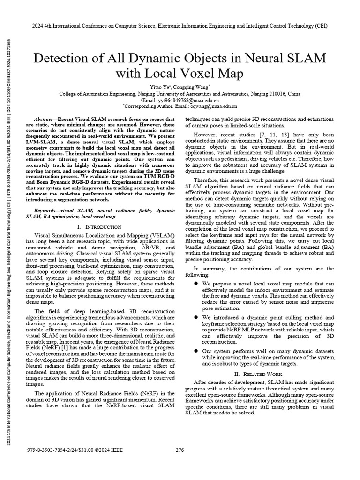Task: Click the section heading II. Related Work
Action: click(260, 374)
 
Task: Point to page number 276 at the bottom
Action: click(180, 450)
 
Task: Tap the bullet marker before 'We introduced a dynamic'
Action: click(196, 318)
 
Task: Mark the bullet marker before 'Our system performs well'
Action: click(196, 351)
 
